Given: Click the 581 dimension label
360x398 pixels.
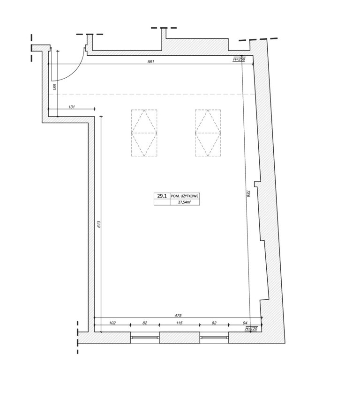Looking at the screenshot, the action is [x=151, y=61].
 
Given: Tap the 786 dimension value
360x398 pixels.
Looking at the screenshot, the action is [x=248, y=194].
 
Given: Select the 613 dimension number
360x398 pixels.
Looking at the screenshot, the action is [x=99, y=224].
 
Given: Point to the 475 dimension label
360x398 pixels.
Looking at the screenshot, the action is [x=178, y=316].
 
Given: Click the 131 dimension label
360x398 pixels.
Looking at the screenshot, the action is [x=72, y=107].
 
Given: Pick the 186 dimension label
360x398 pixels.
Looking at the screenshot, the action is [x=55, y=86].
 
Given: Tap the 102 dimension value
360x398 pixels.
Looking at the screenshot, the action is [x=112, y=323].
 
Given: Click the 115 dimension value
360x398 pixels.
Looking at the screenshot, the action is [x=180, y=323].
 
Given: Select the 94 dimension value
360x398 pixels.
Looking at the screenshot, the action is [x=245, y=323].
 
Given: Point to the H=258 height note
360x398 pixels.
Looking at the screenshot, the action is [x=239, y=59].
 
